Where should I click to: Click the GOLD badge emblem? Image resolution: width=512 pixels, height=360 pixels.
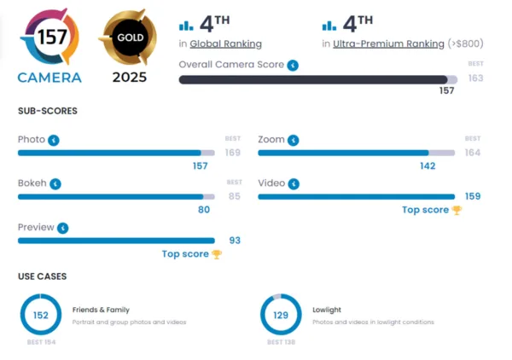coord(130,37)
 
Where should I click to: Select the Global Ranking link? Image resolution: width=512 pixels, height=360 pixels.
coord(225,44)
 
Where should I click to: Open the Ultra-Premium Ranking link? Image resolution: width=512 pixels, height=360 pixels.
coord(388,44)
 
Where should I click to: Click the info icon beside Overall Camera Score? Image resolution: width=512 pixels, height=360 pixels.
coord(293,66)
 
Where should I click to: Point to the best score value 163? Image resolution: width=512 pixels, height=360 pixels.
coord(475,78)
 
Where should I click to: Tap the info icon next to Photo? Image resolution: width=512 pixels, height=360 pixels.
coord(54,140)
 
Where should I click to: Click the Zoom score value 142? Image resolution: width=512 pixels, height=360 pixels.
coord(428,165)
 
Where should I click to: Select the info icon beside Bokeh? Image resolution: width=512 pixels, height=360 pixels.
coord(55,183)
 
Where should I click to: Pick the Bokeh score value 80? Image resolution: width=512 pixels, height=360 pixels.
coord(204,210)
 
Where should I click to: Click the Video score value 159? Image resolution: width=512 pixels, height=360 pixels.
coord(473,196)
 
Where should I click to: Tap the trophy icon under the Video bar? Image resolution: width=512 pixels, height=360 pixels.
coord(457,210)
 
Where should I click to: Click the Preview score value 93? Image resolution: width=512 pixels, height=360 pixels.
coord(235,241)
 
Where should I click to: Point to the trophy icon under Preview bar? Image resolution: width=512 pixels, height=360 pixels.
coord(217,254)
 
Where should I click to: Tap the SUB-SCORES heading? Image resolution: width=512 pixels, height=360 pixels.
coord(48,111)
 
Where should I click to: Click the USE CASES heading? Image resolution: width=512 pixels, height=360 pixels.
coord(43,276)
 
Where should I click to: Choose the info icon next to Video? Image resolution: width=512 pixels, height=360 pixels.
coord(294,183)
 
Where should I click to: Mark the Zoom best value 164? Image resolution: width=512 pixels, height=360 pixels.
coord(473,153)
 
